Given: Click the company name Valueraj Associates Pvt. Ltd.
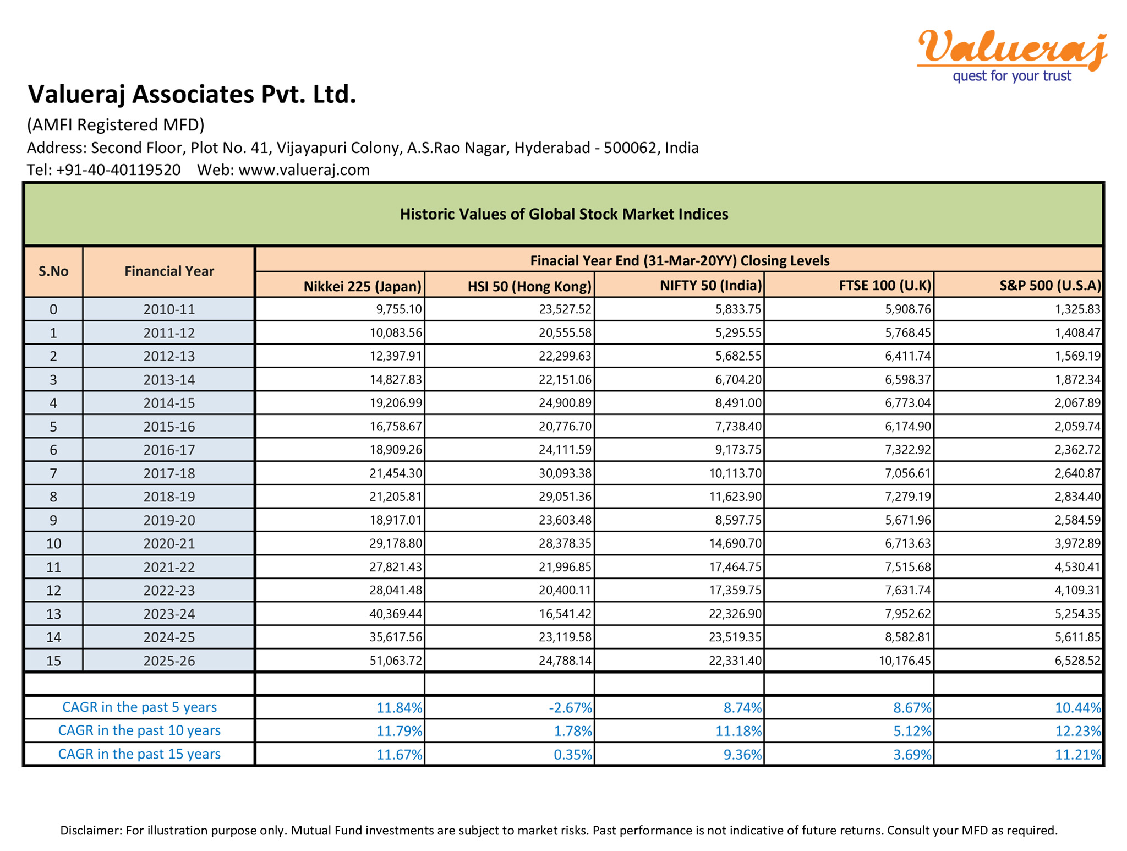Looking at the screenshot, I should [192, 94].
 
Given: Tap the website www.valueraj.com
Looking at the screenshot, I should [304, 170].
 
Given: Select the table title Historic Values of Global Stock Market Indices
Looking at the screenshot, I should [563, 214].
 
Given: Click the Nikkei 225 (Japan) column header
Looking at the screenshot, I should [362, 286].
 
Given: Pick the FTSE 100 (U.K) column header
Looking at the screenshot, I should [885, 286].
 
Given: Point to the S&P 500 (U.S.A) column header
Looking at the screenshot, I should [1050, 286].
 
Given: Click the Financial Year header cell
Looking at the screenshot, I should [169, 271].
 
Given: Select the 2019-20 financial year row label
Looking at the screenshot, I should [169, 520].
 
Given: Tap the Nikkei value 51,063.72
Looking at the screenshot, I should [396, 661].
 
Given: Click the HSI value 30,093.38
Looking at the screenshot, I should [565, 473].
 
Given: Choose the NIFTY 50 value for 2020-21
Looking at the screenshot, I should [735, 544].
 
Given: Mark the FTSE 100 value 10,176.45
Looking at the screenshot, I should [905, 661].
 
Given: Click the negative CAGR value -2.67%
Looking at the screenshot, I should [570, 708].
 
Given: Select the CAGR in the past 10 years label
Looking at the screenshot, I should [139, 731].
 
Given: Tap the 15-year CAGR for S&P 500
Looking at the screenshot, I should [1077, 755].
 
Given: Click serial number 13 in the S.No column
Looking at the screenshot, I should [53, 614].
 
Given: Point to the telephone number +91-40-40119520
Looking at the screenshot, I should [118, 170].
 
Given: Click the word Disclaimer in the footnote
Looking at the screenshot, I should [90, 830].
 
